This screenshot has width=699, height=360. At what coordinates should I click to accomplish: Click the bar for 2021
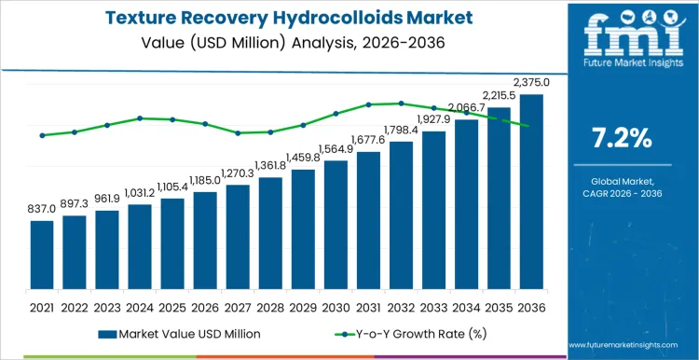(x=42, y=255)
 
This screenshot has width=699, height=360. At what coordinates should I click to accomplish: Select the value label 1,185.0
(x=205, y=180)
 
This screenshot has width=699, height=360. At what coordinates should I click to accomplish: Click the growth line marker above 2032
(x=401, y=104)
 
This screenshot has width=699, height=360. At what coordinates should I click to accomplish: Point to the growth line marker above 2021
(x=42, y=135)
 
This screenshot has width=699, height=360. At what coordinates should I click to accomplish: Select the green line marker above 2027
(x=238, y=132)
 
